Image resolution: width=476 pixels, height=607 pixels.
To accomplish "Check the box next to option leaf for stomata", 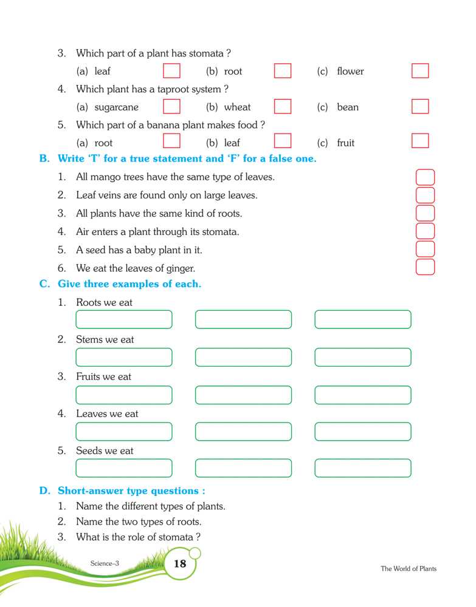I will [172, 71].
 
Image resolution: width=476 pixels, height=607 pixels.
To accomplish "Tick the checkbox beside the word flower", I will [420, 71].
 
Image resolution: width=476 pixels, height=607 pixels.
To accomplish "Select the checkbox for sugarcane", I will [172, 107].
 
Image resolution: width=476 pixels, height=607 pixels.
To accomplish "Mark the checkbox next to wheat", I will [283, 107].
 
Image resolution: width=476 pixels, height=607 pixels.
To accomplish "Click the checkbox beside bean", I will [420, 107].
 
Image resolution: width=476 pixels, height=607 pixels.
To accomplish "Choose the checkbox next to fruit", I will [420, 141].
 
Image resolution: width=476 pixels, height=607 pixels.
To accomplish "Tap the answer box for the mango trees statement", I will [426, 178].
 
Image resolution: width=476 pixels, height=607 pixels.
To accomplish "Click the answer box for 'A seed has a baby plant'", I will [426, 249].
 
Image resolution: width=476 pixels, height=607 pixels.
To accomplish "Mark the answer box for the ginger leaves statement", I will [426, 267].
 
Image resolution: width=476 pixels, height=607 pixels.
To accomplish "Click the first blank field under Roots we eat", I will [124, 320].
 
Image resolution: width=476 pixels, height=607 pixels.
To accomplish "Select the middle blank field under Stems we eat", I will [243, 357].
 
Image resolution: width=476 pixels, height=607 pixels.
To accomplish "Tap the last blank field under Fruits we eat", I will [363, 395].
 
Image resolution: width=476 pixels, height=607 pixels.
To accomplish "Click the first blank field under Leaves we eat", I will [124, 432].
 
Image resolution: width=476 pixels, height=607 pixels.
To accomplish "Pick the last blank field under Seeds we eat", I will [363, 468].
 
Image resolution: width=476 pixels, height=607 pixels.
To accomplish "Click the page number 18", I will [180, 564].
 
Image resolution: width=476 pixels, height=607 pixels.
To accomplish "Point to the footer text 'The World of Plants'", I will [409, 569].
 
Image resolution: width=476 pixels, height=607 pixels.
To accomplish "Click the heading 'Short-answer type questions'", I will [131, 490].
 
